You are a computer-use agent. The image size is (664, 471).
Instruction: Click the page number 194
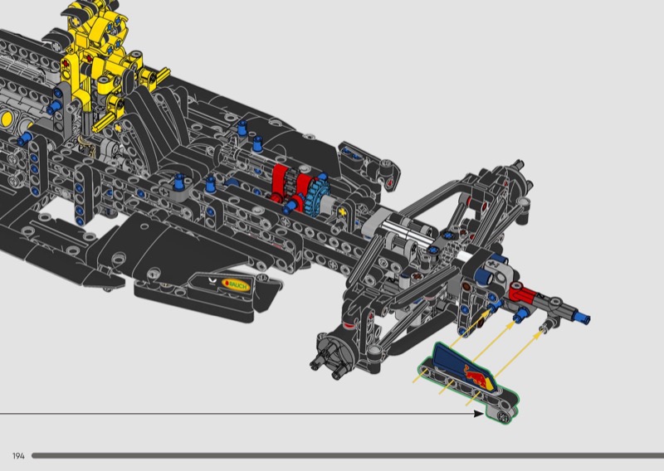(18, 456)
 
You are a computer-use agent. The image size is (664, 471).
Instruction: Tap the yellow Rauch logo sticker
(237, 285)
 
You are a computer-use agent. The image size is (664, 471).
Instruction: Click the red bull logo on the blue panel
(476, 375)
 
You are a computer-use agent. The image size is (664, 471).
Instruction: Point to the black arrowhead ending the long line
(479, 414)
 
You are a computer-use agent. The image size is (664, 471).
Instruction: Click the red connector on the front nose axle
(524, 293)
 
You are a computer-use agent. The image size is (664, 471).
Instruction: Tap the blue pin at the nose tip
(583, 318)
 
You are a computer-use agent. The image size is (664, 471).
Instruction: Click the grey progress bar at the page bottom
(348, 456)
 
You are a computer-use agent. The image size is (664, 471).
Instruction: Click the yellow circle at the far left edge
(6, 119)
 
